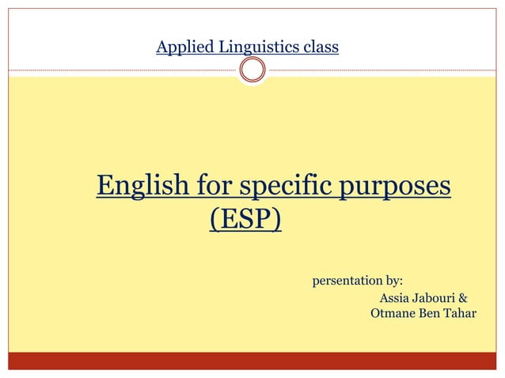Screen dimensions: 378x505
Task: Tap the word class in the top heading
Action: [320, 47]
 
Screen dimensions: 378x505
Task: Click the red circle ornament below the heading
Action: [252, 71]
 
